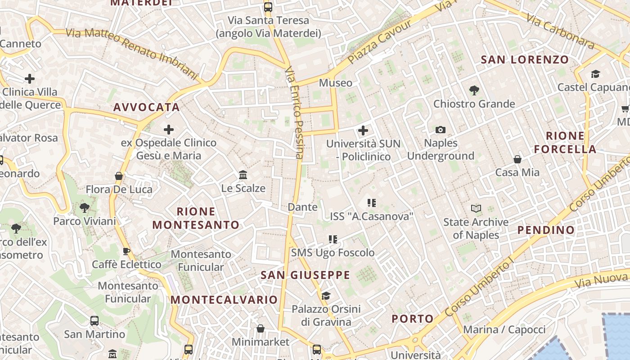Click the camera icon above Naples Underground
coord(441,130)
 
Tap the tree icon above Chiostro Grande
coord(474,90)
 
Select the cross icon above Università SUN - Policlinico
coord(363,130)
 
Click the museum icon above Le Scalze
coord(243,175)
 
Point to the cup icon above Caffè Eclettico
coord(126,251)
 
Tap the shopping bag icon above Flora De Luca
coord(119,176)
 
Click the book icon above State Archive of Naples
coord(476,208)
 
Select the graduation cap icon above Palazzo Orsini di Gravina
coord(326,296)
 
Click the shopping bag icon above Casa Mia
coord(517,159)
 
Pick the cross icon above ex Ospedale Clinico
coord(169,130)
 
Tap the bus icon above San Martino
coord(94,321)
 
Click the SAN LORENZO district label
coord(525,59)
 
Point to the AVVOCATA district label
coord(147,107)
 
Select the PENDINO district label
coord(546,230)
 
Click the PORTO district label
coord(413,319)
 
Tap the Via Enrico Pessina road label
coord(295,112)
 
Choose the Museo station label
coord(336,83)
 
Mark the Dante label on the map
coord(302,207)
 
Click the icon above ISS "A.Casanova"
coord(371,203)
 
